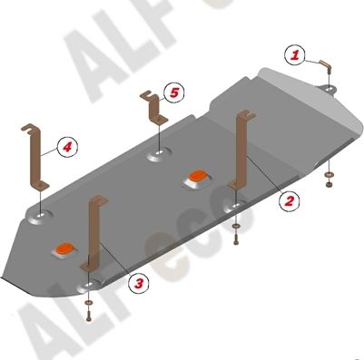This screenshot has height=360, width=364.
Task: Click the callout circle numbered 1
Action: (294, 55)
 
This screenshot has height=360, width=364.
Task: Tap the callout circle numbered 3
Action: (138, 284)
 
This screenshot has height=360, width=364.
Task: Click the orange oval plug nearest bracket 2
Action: (196, 175)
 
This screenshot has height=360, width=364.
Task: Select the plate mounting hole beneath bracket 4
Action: (41, 217)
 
